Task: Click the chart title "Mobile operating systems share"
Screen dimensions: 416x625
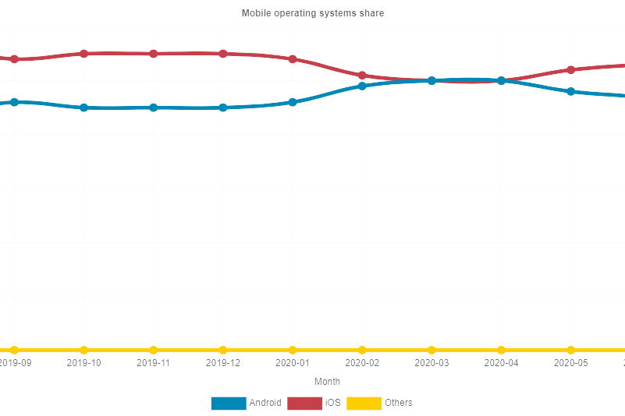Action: point(312,13)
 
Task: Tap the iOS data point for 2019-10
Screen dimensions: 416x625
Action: point(83,54)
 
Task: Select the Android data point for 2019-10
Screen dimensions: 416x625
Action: point(83,108)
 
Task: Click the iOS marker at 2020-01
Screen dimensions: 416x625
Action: point(293,59)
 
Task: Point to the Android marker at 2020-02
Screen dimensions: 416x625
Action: point(362,86)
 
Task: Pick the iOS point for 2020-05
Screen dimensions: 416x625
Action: point(571,70)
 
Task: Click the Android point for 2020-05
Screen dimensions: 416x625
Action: point(571,91)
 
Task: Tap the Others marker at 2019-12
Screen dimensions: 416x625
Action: point(223,350)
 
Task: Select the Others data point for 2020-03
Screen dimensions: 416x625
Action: point(431,350)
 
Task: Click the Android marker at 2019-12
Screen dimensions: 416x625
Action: point(223,108)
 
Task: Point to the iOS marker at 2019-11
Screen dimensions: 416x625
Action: point(154,54)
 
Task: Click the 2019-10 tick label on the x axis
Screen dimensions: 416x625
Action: point(83,363)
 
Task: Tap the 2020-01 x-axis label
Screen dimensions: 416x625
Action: point(293,363)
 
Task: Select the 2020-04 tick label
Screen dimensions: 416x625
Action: point(501,363)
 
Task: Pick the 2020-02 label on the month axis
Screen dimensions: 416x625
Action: point(362,363)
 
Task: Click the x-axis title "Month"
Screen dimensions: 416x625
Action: point(327,382)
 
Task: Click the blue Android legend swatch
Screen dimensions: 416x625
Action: point(229,403)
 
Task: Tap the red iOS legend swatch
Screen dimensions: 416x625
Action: point(304,403)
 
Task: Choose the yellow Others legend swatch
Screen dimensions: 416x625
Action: point(364,403)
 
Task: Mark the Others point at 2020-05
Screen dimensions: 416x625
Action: point(571,350)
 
